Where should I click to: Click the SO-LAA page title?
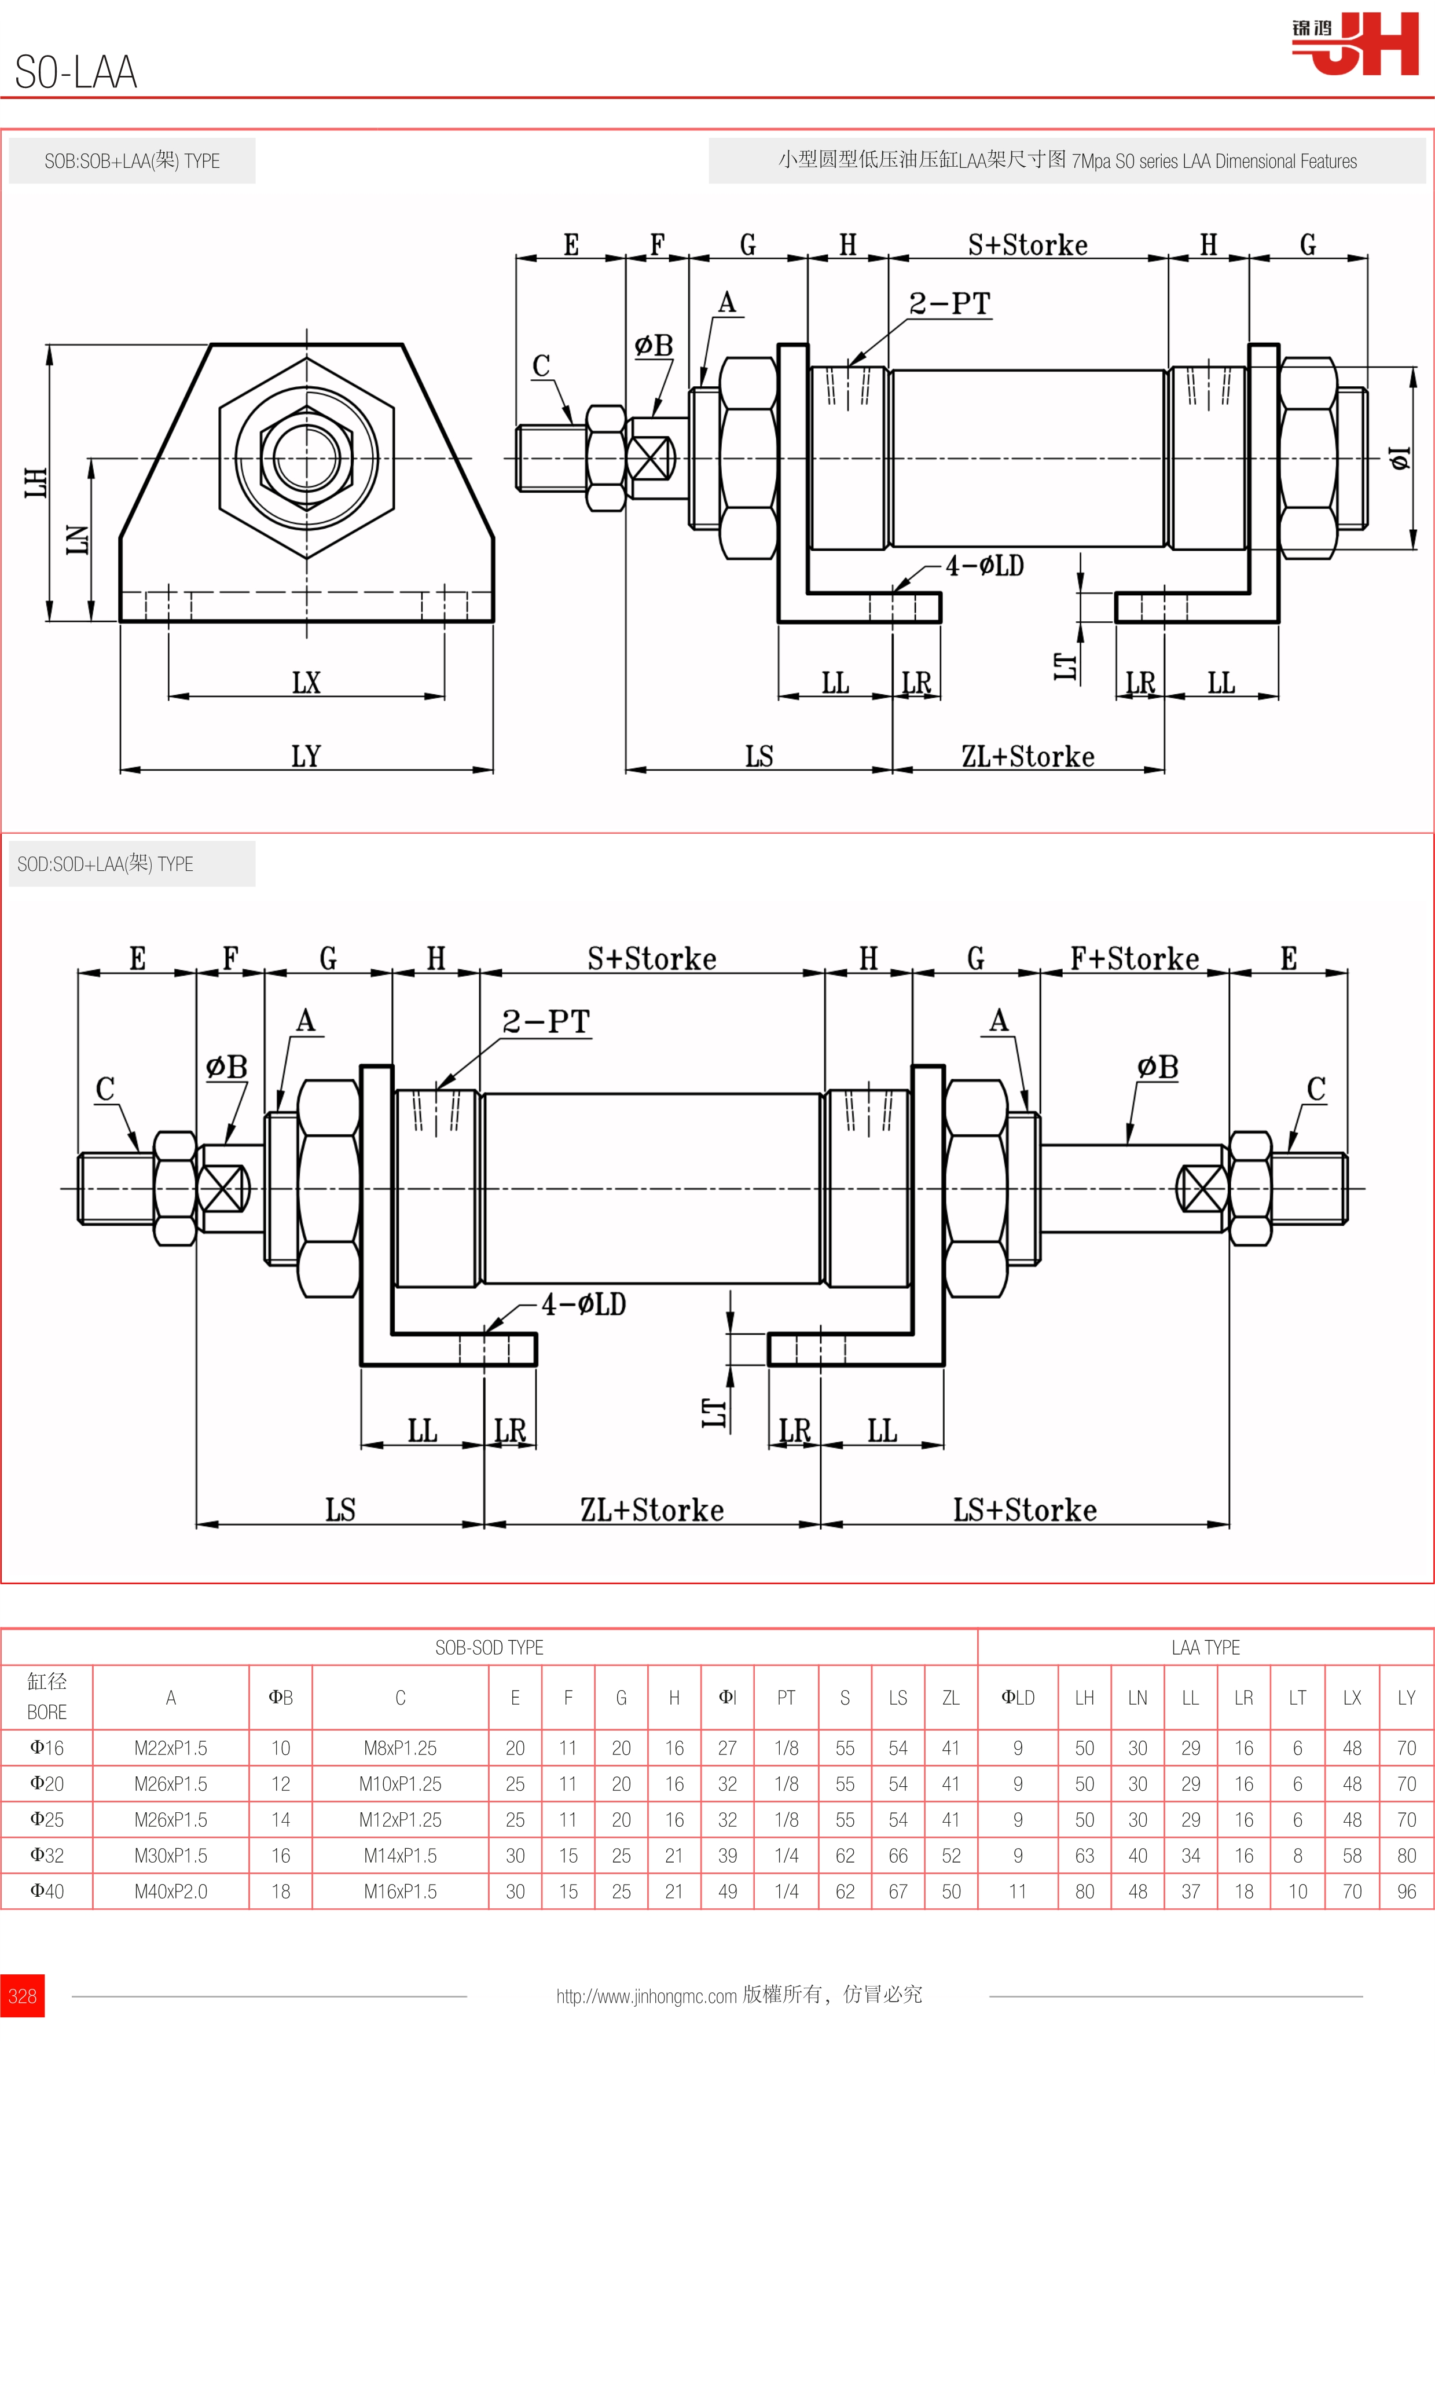[76, 72]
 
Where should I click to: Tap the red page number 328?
[22, 1995]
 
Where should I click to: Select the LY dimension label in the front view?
[306, 756]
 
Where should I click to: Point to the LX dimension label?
[306, 683]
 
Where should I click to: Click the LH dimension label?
[36, 482]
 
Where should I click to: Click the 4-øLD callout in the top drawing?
[985, 566]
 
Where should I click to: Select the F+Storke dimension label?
[1134, 959]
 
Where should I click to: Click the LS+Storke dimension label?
[1025, 1510]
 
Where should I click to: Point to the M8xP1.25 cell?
[401, 1748]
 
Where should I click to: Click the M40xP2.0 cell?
[171, 1891]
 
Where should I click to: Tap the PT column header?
[786, 1698]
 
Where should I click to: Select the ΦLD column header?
[1017, 1698]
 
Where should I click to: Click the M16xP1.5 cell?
[401, 1891]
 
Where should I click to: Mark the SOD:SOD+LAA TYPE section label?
[105, 864]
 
